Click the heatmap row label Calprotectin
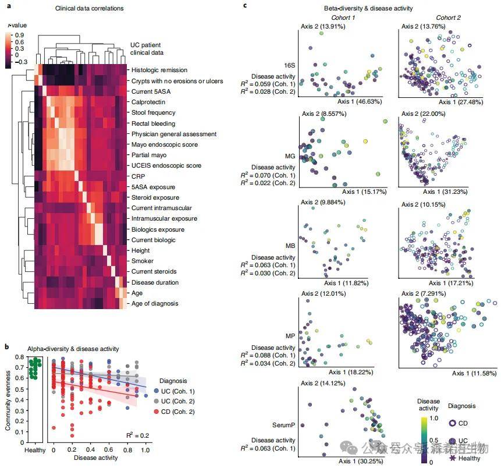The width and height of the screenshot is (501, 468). click(147, 102)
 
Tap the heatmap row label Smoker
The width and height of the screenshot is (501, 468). click(143, 261)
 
